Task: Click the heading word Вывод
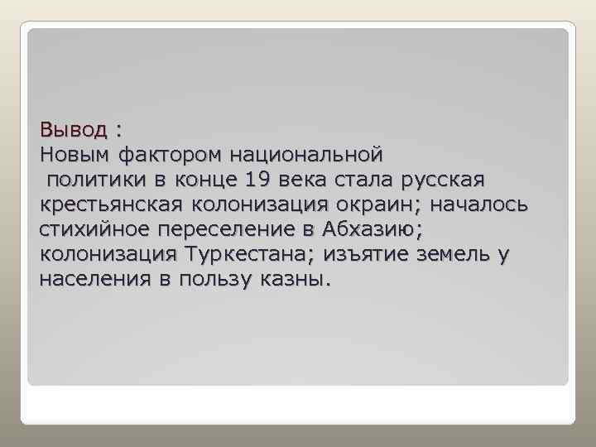tap(73, 130)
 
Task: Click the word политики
tap(88, 180)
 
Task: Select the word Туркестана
tap(248, 254)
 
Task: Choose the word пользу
tap(216, 279)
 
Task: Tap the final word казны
tap(296, 279)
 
